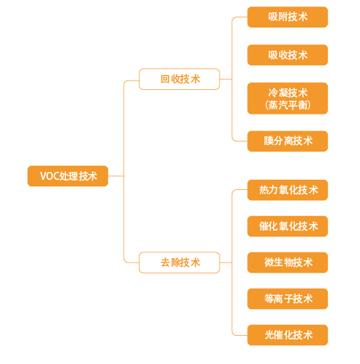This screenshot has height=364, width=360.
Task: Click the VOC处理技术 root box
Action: (67, 176)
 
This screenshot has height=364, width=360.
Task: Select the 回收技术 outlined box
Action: (180, 79)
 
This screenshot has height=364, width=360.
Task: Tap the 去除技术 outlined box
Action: (180, 262)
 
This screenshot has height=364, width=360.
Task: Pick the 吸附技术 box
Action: (288, 17)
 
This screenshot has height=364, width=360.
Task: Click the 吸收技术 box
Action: (288, 55)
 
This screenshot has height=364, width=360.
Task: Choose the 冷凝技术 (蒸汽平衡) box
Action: (288, 99)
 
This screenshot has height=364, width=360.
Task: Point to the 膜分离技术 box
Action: (288, 141)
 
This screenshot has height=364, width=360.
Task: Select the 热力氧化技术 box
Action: (288, 190)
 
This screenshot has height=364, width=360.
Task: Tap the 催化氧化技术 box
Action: (288, 226)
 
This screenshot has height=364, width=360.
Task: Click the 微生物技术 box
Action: (288, 262)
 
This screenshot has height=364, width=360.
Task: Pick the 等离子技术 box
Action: (288, 299)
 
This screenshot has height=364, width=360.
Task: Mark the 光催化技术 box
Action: (288, 335)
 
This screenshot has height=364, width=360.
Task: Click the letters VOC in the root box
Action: (49, 176)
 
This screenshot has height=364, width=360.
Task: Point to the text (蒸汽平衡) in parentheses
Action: (288, 105)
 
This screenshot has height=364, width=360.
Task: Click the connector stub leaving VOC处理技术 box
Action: (116, 176)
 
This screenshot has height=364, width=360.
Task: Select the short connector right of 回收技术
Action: (226, 79)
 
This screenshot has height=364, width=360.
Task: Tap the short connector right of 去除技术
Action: (226, 262)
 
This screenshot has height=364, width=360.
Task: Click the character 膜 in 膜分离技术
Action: (268, 141)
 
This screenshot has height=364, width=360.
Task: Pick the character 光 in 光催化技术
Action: (269, 335)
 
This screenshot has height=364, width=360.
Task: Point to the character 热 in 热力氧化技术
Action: (264, 190)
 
